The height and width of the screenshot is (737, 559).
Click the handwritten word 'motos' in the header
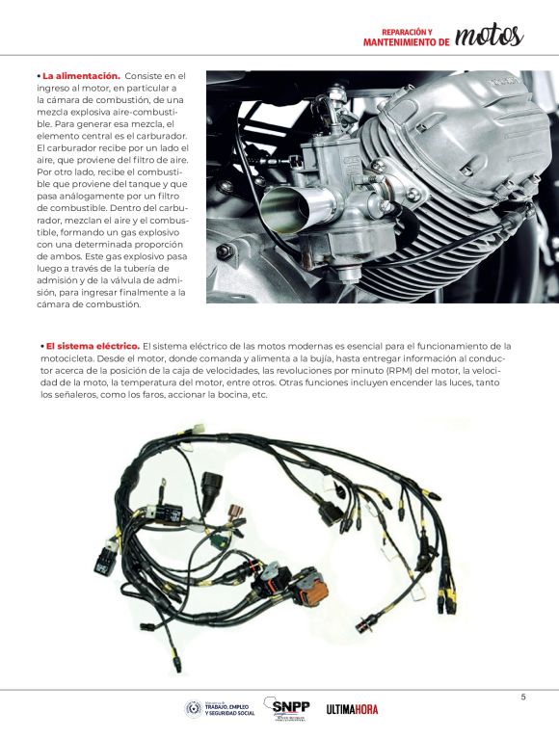click(490, 36)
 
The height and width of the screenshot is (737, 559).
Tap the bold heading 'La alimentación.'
click(81, 75)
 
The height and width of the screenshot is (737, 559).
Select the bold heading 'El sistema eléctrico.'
click(93, 346)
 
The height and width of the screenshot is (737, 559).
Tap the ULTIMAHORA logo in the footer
click(352, 710)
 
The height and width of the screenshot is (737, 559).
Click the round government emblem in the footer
click(194, 709)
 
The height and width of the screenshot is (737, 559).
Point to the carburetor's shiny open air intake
click(285, 204)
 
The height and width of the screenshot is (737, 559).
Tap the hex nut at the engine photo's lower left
click(225, 251)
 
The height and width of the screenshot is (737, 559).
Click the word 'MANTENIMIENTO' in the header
click(404, 42)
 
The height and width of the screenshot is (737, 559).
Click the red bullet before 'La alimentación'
click(39, 75)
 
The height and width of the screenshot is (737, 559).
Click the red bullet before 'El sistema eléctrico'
click(42, 346)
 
